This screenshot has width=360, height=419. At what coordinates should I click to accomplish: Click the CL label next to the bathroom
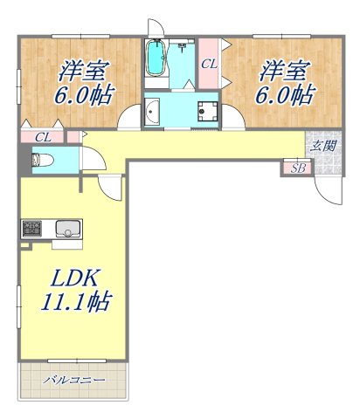pos(210,64)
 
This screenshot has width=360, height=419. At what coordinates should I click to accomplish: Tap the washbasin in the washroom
pos(154,111)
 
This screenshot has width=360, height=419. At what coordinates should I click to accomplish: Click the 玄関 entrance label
pos(321,147)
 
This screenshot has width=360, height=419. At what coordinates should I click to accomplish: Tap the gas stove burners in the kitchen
pos(31,230)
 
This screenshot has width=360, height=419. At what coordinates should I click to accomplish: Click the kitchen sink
pos(67,230)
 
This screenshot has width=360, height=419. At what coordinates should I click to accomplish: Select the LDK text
pos(74,281)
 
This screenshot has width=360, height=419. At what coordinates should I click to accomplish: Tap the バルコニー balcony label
pos(76,381)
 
